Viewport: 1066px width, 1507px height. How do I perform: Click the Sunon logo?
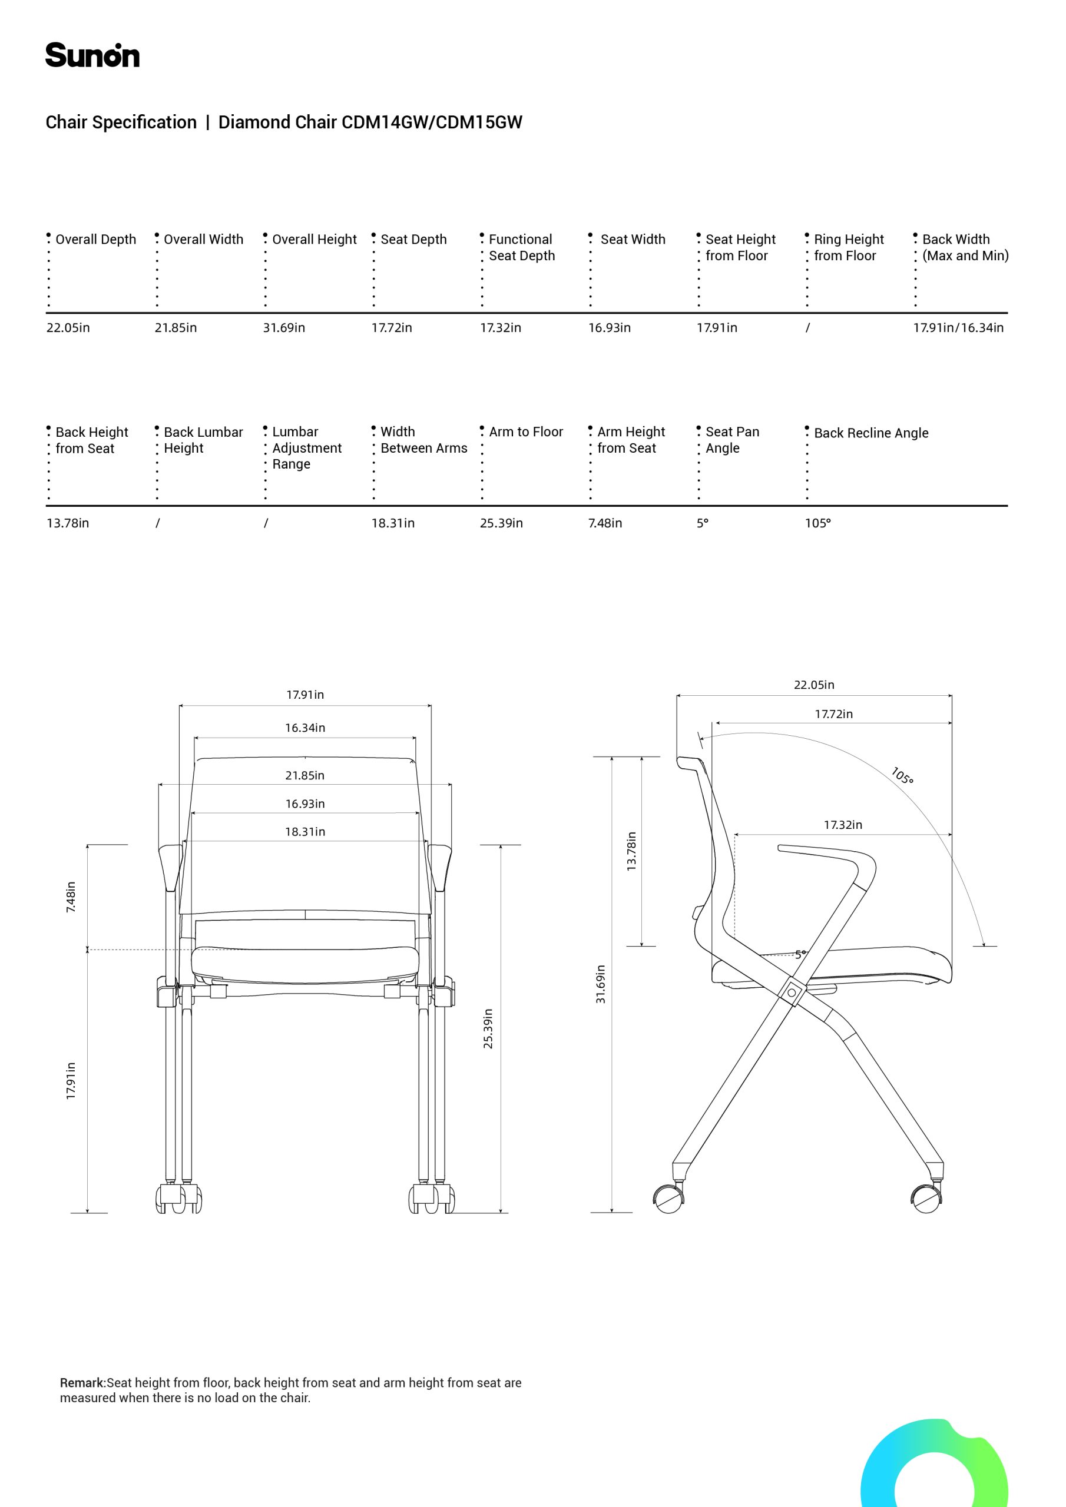[92, 55]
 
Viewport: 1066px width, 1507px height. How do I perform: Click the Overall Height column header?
[314, 240]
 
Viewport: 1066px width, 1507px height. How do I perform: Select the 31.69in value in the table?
[284, 327]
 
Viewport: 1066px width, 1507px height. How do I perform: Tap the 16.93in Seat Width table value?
[609, 327]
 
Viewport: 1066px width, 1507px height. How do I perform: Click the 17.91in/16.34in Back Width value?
[958, 327]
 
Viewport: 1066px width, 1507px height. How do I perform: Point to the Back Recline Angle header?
[871, 433]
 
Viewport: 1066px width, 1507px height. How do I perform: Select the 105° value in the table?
[817, 523]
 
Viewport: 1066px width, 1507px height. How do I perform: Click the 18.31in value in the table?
[393, 523]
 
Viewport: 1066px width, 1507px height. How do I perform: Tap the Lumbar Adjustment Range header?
[307, 447]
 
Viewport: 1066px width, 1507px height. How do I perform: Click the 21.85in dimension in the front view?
[304, 775]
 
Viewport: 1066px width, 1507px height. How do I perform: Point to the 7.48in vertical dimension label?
[71, 897]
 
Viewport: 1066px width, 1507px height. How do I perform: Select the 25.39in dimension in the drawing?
[488, 1028]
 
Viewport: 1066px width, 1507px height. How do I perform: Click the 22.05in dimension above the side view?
[814, 685]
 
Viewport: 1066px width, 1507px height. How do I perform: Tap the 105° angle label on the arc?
[902, 776]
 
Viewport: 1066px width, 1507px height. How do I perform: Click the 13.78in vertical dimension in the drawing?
[632, 851]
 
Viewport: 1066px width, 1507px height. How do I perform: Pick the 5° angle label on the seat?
[800, 954]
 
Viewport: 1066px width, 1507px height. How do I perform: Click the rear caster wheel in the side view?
[669, 1198]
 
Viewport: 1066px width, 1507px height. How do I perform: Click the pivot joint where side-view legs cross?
[792, 993]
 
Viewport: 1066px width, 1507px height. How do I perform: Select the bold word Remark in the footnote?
[82, 1382]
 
